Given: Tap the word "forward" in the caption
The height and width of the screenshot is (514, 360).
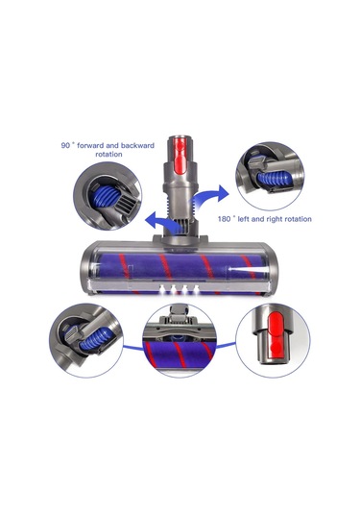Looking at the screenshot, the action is pyautogui.click(x=89, y=145).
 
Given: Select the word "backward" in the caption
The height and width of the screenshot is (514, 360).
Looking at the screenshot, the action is pyautogui.click(x=137, y=145).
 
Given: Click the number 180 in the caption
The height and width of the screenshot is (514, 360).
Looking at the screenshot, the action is pyautogui.click(x=224, y=219).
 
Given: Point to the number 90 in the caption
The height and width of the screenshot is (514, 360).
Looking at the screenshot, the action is pyautogui.click(x=65, y=145).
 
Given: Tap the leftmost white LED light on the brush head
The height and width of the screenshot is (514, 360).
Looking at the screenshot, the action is pyautogui.click(x=162, y=289).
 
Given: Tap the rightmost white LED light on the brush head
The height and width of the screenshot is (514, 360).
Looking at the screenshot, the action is pyautogui.click(x=196, y=289).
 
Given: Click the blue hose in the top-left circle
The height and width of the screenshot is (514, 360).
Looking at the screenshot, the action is pyautogui.click(x=105, y=197).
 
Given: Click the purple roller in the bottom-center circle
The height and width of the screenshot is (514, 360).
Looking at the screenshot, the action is pyautogui.click(x=180, y=355).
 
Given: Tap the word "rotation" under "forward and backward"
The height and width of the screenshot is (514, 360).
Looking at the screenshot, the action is pyautogui.click(x=108, y=154).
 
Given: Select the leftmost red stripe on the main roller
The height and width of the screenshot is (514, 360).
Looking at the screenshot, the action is pyautogui.click(x=125, y=266).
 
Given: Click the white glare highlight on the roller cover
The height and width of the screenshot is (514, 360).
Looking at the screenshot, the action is pyautogui.click(x=248, y=269).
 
